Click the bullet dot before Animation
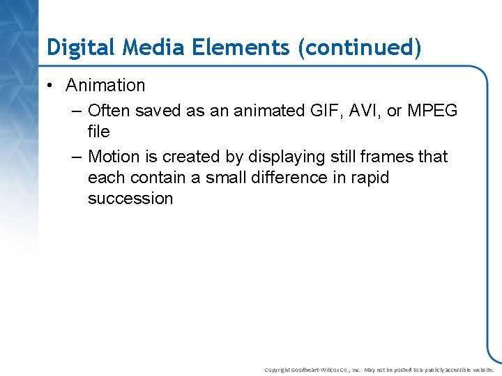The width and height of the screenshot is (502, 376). click(x=52, y=86)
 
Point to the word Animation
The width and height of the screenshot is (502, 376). click(x=105, y=86)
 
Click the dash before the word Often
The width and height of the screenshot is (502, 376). click(x=77, y=111)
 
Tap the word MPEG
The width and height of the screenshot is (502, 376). click(x=432, y=111)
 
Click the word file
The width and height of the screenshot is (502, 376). click(x=99, y=132)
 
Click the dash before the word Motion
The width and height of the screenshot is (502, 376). click(x=77, y=157)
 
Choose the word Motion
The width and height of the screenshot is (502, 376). click(x=114, y=157)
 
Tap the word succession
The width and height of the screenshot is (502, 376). click(x=130, y=198)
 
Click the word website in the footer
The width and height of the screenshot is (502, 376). click(x=480, y=370)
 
